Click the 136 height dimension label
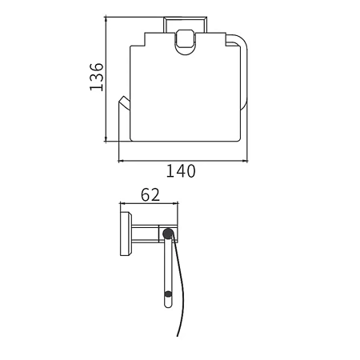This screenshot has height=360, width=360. click(x=97, y=77)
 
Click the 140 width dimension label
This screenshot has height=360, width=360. click(x=181, y=171)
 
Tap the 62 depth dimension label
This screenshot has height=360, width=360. click(x=150, y=194)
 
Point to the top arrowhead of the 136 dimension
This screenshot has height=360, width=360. click(x=106, y=19)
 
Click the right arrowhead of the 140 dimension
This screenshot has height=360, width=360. click(x=245, y=161)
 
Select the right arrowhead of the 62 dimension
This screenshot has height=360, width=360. click(x=175, y=203)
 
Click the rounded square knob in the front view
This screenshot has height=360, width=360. click(x=186, y=39)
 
